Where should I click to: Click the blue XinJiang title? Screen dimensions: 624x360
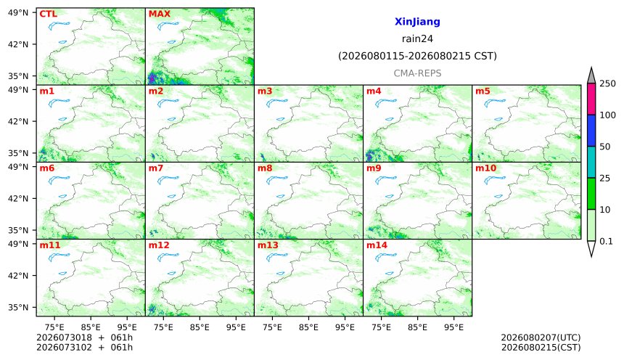(x=417, y=22)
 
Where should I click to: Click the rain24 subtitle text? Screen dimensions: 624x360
(x=417, y=38)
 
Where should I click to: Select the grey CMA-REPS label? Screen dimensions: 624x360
(x=417, y=73)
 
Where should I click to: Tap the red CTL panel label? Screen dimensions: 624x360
(x=48, y=14)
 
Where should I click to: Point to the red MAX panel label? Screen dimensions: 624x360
(x=159, y=14)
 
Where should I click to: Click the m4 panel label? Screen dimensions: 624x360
(x=374, y=91)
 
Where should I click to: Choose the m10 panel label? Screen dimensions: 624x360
(x=485, y=168)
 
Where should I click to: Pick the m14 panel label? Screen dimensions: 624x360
(x=377, y=245)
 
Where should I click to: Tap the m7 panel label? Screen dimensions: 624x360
(x=155, y=168)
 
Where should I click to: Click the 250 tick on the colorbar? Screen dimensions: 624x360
(x=607, y=83)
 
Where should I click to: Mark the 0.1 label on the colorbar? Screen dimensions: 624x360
(x=606, y=241)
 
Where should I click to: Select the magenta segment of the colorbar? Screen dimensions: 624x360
(x=591, y=99)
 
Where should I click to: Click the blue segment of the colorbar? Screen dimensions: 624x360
(x=591, y=131)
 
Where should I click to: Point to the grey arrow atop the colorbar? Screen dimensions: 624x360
(x=591, y=76)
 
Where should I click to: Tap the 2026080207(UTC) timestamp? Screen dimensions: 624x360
(x=541, y=337)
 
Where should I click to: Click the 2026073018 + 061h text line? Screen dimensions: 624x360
(x=84, y=337)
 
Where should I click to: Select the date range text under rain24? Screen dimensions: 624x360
(x=417, y=56)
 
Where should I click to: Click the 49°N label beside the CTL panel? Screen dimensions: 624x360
(x=18, y=12)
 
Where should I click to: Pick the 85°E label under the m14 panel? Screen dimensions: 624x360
(x=417, y=327)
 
